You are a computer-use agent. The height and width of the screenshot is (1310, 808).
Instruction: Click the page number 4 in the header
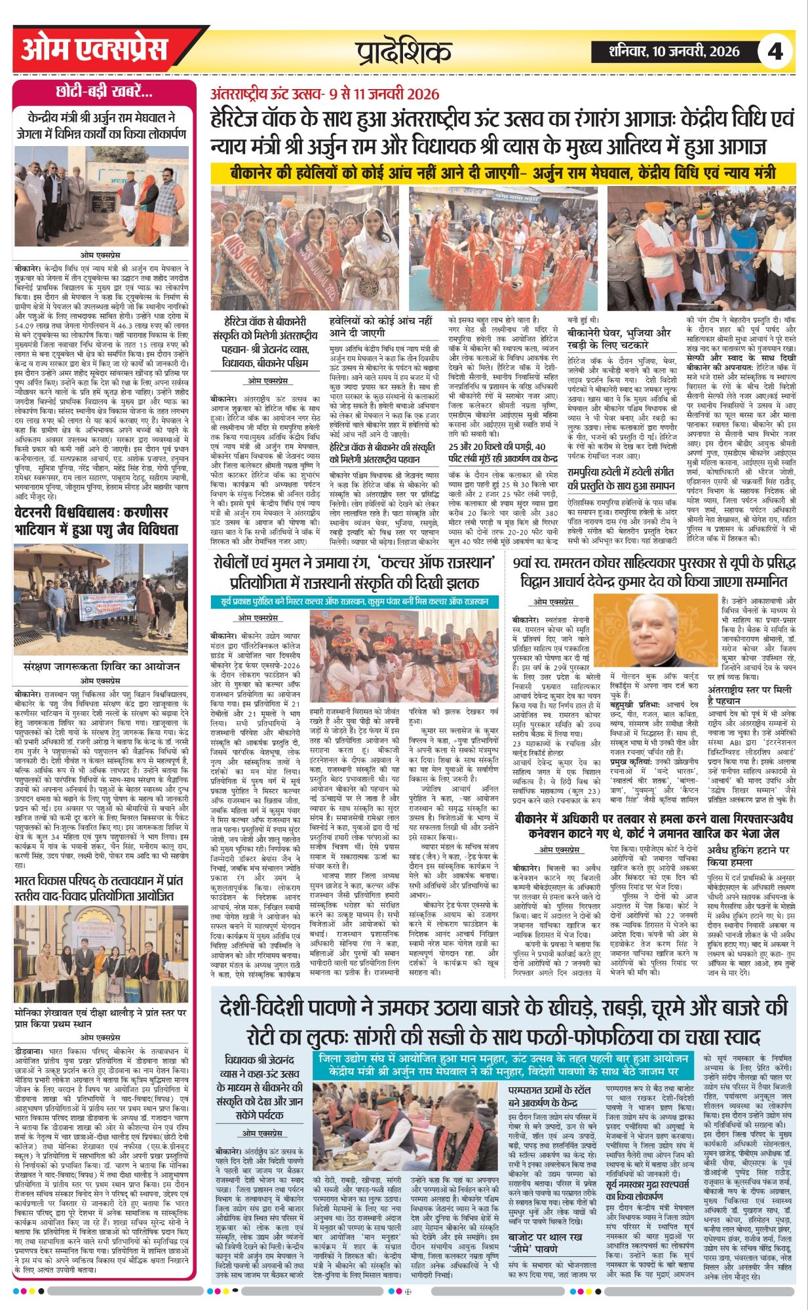tap(775, 50)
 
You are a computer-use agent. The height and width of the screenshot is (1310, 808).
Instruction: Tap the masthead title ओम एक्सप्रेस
tap(95, 50)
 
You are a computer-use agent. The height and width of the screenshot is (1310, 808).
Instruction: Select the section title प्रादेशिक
tap(404, 52)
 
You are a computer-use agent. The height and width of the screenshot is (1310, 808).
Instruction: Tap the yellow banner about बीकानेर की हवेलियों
tap(503, 173)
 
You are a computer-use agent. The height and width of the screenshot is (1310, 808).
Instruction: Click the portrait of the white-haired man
tap(656, 632)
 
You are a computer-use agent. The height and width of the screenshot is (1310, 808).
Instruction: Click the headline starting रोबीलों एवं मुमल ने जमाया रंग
tap(355, 572)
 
